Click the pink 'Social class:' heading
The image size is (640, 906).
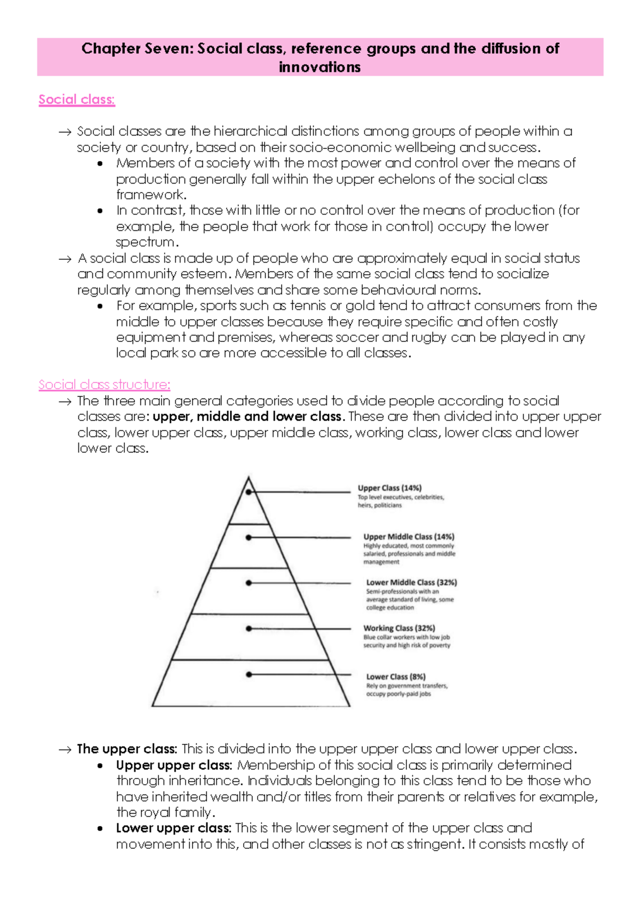tap(77, 100)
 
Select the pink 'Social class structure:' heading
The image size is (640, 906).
tap(105, 385)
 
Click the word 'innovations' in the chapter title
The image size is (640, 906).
tap(319, 67)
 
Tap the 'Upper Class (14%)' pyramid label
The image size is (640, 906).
tap(389, 488)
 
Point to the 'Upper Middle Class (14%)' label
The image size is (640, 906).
tap(409, 537)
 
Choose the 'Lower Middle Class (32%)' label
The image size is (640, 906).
tap(411, 582)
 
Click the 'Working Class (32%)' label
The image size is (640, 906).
tap(399, 628)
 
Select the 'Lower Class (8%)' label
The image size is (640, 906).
tap(396, 677)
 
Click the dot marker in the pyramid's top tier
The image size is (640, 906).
tap(249, 492)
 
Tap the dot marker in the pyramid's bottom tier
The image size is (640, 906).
tap(249, 674)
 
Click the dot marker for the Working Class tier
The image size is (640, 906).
tap(249, 629)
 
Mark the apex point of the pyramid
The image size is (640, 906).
tap(249, 478)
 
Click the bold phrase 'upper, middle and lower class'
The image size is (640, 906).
tap(247, 416)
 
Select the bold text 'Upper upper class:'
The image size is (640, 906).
tap(174, 765)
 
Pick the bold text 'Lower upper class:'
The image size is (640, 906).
tap(173, 828)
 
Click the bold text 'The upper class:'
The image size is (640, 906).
tap(127, 749)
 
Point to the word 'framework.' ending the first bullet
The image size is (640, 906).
tap(151, 195)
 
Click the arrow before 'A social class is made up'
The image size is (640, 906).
tap(65, 259)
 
